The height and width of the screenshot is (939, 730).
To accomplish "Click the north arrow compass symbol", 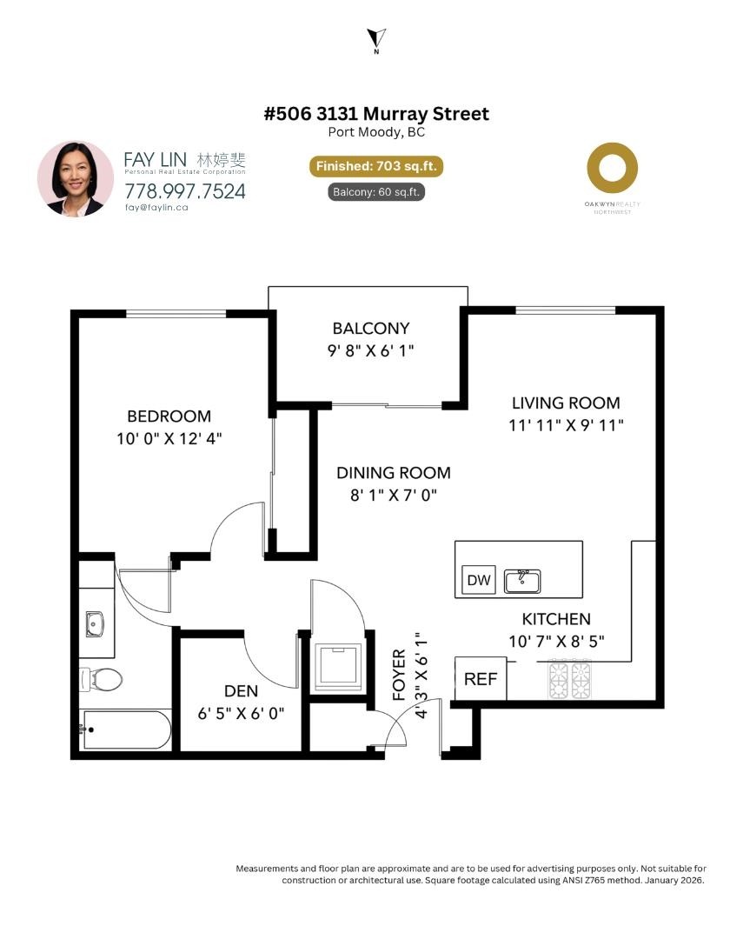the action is coord(376,39).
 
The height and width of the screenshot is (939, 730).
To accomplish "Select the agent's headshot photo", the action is coord(76,178).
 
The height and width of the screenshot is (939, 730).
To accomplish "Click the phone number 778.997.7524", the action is coord(185,191).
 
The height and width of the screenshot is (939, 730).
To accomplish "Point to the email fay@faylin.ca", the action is coord(156,207).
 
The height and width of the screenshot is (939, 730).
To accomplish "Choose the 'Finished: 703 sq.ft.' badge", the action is coord(376,166).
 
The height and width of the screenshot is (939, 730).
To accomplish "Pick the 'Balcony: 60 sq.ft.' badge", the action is coord(376,191).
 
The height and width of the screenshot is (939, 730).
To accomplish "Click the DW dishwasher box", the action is coord(479,580).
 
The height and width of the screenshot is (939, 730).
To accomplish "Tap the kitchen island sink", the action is coord(522,581).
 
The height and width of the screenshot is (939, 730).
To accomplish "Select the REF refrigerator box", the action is coord(481,678).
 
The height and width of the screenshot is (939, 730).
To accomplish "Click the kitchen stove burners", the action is coord(570,679).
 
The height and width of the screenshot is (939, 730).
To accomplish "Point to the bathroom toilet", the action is coord(101,680).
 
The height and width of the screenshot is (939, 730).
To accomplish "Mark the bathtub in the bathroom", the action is coord(126,729).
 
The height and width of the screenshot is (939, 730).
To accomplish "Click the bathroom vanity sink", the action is coord(95,624).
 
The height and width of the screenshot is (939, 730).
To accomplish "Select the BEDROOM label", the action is coord(169,416).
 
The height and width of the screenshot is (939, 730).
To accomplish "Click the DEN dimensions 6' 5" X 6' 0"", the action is coord(241,713).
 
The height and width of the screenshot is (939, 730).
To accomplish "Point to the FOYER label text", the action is coord(399,675).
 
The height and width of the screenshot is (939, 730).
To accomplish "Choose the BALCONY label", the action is coord(371,328).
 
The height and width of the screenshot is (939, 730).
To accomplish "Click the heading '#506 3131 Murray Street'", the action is coord(376,113).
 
